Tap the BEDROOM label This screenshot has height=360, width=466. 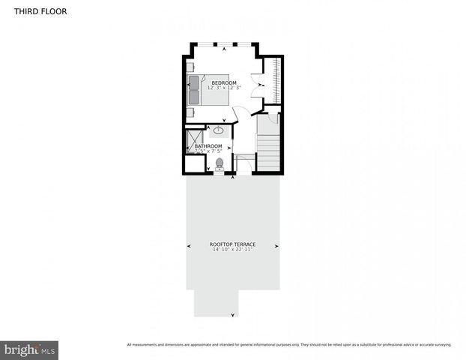coord(224,82)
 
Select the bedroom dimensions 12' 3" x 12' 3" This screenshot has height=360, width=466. coord(224,88)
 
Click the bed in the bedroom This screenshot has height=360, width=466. coord(205,90)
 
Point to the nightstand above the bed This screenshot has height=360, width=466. coord(190,66)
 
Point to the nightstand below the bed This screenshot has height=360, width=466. coord(190,112)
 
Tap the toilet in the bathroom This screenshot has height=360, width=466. coord(220,163)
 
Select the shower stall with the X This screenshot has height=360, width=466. coord(195,141)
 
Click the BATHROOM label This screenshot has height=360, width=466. coord(209,146)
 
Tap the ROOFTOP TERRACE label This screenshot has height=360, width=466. coord(232,244)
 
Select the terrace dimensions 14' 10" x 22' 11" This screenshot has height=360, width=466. coord(232,250)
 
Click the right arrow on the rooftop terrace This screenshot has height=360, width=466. coord(277,245)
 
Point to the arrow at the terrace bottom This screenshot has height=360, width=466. coord(233,315)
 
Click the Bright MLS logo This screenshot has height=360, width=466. coord(29,350)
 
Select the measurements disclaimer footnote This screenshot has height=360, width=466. coord(289,345)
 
